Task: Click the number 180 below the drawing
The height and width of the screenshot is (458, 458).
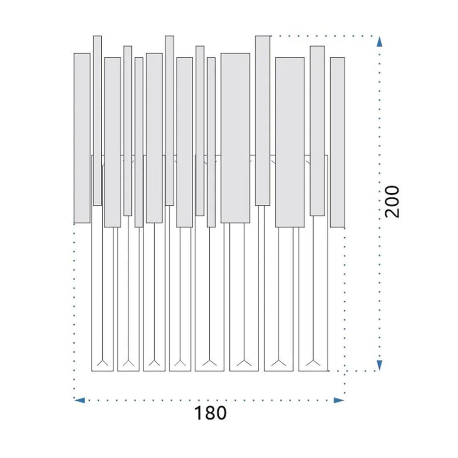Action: click(210, 413)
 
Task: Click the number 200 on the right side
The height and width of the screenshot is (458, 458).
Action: click(392, 201)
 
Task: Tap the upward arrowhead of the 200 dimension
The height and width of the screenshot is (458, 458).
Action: click(379, 42)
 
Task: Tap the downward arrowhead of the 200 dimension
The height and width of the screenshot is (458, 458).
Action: click(379, 365)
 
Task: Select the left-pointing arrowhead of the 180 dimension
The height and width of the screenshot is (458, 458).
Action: click(79, 400)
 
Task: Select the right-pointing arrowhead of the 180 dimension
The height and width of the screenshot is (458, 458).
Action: click(339, 400)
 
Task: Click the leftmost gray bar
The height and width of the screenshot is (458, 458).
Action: click(82, 138)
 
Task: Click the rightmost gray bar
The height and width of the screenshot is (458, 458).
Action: click(338, 142)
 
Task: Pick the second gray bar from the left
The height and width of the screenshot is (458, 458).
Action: click(97, 120)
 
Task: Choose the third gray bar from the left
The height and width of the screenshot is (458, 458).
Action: click(113, 142)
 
